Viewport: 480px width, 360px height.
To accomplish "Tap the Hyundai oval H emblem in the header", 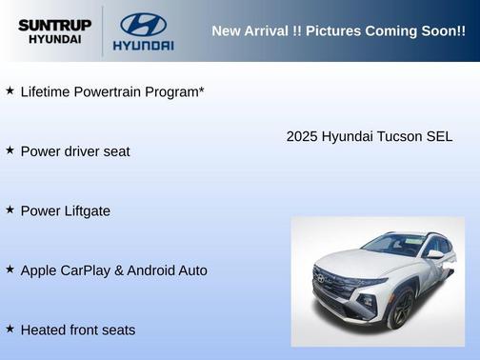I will [x=143, y=24].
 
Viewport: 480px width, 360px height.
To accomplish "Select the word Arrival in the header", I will [x=268, y=31].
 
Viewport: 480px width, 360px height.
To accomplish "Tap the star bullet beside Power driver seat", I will [x=10, y=150].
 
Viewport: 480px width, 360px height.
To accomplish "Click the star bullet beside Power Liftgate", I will [x=10, y=210].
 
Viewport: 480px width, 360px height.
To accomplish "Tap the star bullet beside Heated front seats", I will [x=10, y=329].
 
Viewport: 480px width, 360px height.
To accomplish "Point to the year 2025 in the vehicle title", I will [x=302, y=136].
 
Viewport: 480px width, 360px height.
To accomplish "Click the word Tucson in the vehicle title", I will [x=400, y=136].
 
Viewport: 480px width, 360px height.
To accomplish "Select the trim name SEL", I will [x=439, y=136].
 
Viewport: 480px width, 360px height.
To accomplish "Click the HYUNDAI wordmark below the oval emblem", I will [x=143, y=45].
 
